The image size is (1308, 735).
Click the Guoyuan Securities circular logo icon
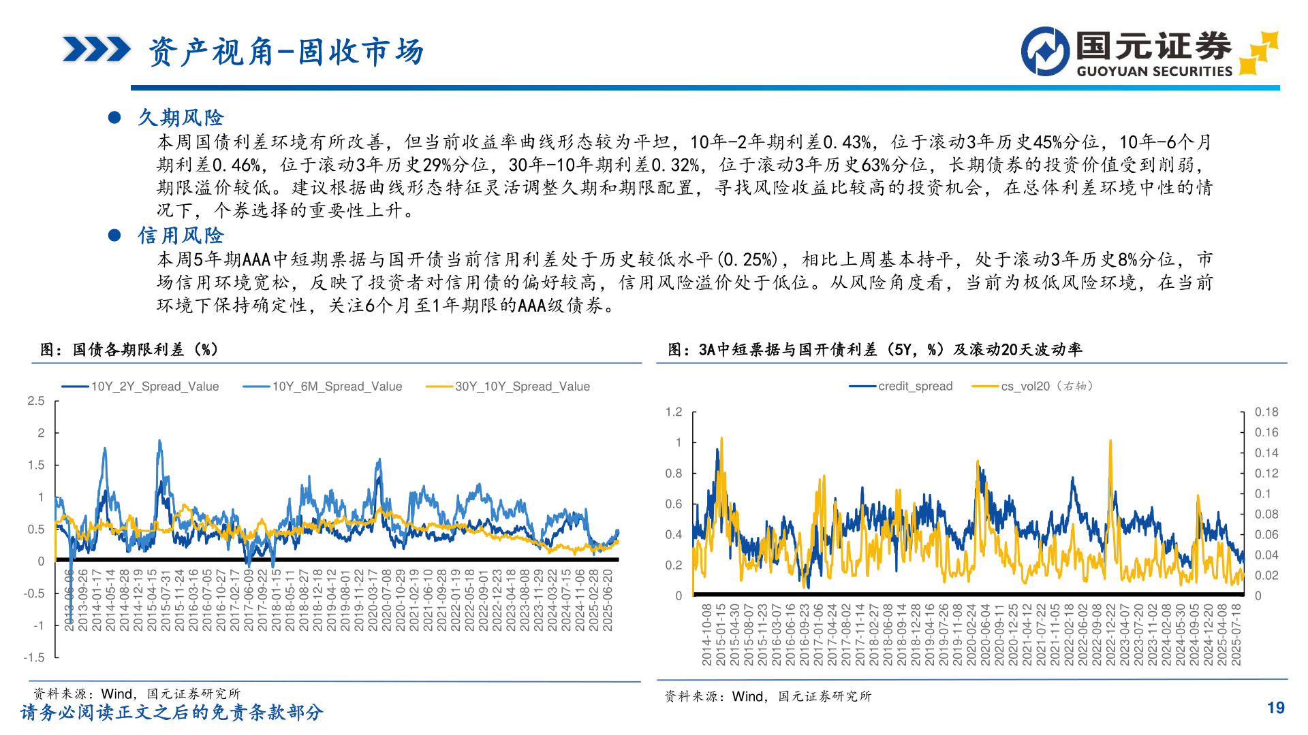[x=1045, y=52]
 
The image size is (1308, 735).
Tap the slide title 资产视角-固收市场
[x=286, y=52]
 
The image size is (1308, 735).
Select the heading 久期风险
[x=181, y=118]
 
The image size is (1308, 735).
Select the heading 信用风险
[x=181, y=235]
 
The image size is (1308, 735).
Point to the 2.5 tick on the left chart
[x=36, y=401]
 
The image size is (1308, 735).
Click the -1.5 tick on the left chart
[x=34, y=657]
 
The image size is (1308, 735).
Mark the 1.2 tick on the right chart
[x=674, y=412]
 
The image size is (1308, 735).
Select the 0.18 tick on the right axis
[x=1266, y=412]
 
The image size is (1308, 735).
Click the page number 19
[x=1275, y=708]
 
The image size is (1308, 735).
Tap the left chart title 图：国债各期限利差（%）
[x=129, y=350]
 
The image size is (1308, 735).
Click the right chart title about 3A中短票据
[x=875, y=350]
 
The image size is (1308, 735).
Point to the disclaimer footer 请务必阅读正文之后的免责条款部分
[x=172, y=713]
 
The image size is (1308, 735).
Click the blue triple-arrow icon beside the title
[x=96, y=50]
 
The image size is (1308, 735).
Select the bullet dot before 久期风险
[x=114, y=118]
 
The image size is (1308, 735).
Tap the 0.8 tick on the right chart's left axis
[x=674, y=473]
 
